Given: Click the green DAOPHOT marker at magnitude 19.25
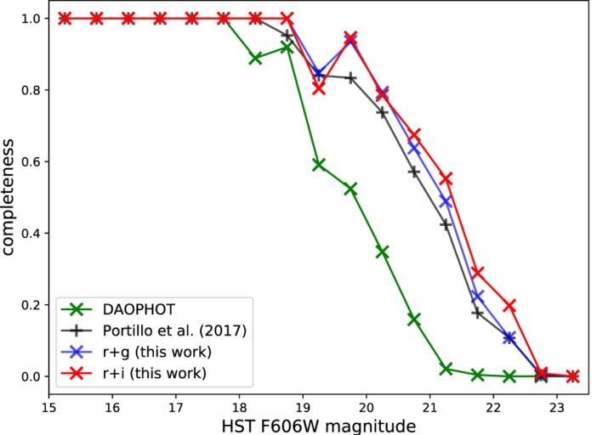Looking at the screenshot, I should (x=319, y=165).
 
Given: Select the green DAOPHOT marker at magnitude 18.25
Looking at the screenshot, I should (x=255, y=58).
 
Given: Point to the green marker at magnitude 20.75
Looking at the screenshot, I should (x=414, y=319).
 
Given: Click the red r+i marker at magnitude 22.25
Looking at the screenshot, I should (x=509, y=305).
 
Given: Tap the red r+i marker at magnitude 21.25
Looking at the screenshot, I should (x=446, y=178).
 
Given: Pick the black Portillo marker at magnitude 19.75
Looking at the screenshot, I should (x=350, y=77).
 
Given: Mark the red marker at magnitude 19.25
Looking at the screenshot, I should (x=319, y=88).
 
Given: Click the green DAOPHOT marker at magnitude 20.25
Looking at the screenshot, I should (x=383, y=252).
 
